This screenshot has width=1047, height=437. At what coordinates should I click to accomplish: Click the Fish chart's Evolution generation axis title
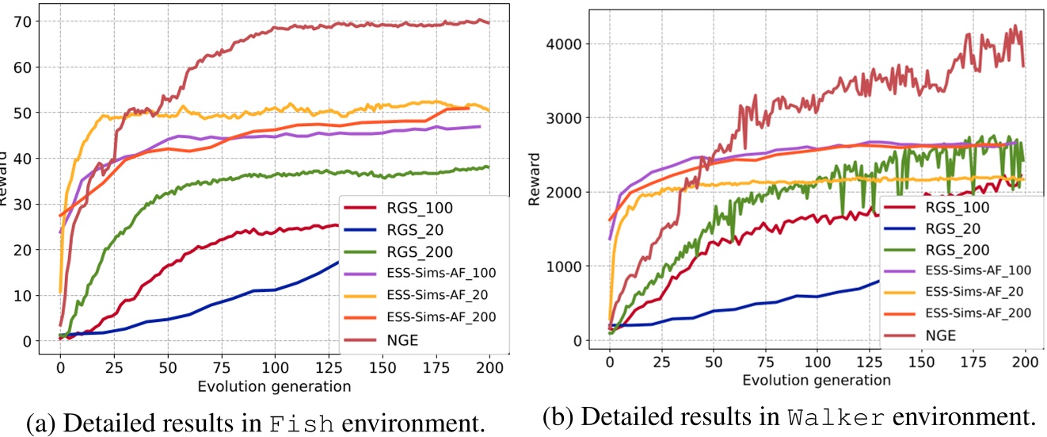coord(273,386)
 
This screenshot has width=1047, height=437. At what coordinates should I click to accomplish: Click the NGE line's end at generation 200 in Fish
coord(489,22)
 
